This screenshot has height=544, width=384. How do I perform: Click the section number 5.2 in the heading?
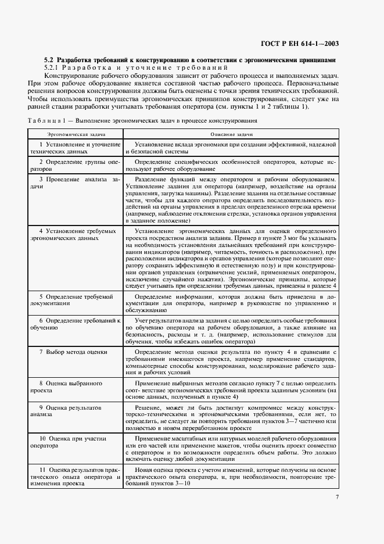tap(49, 60)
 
